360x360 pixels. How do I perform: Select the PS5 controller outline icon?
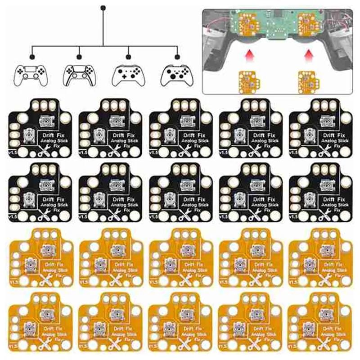80,75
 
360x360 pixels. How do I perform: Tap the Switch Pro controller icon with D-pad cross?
128,75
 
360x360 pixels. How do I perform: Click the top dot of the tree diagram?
103,8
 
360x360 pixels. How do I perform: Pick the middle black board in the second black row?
180,191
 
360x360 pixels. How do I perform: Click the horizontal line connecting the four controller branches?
104,46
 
